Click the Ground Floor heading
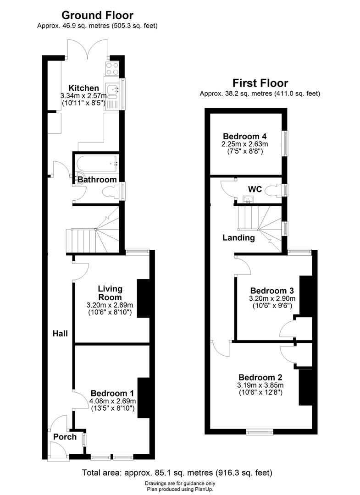97,16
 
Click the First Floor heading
260,83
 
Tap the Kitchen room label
83,88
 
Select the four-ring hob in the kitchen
112,69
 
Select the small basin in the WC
248,199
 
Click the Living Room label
110,293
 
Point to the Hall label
60,333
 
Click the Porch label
65,437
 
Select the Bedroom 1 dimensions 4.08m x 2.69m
112,401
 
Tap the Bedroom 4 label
245,136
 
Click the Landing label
238,237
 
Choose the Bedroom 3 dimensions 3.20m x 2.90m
271,298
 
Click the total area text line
177,473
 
